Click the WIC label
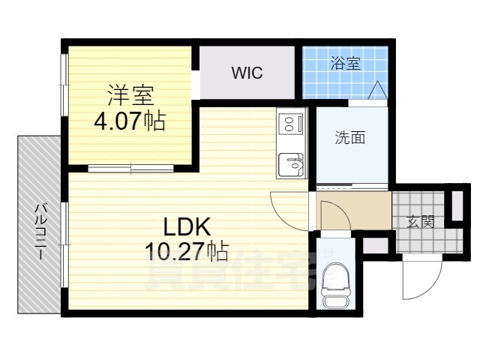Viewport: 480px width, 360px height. click(247, 73)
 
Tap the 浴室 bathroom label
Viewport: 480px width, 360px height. click(345, 64)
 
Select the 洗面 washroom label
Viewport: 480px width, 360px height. click(349, 138)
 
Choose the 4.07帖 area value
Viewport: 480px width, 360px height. click(130, 120)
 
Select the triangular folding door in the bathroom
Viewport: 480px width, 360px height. click(377, 90)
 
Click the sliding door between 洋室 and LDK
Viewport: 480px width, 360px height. click(131, 168)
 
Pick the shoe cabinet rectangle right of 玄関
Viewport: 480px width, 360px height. click(457, 206)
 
